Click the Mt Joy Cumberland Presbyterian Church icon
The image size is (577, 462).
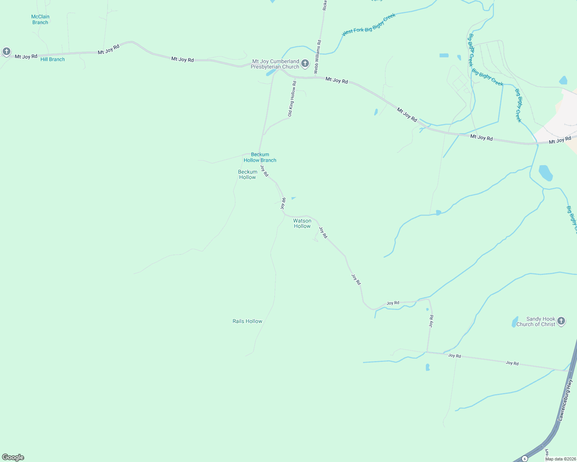(x=305, y=64)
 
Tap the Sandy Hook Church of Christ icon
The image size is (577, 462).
(x=561, y=321)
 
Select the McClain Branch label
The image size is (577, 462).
(x=40, y=20)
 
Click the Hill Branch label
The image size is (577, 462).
(x=52, y=59)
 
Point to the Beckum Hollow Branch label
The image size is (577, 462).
(x=260, y=157)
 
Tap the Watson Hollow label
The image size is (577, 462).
(x=302, y=224)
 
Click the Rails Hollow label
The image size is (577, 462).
(x=247, y=321)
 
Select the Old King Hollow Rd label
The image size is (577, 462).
(x=292, y=99)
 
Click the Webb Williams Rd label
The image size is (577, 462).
(x=317, y=57)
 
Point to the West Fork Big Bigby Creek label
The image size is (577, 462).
(x=369, y=25)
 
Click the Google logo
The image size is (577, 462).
(x=13, y=457)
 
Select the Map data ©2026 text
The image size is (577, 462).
(x=560, y=459)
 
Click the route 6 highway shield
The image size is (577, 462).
(x=525, y=459)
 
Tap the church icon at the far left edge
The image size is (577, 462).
(x=6, y=51)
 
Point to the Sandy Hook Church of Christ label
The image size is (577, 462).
(x=536, y=321)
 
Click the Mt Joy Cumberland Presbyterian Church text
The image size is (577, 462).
(x=275, y=64)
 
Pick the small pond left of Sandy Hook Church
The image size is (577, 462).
(x=515, y=321)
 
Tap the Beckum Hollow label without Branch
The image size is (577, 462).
(x=248, y=174)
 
